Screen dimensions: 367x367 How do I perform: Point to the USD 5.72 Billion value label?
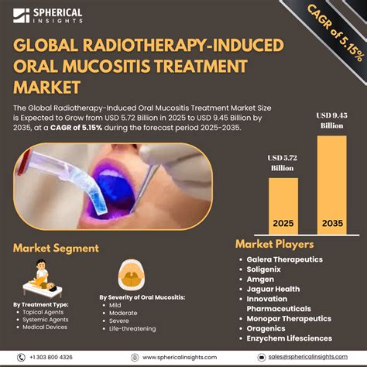(x=283, y=161)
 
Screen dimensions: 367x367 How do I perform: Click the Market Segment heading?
(x=55, y=248)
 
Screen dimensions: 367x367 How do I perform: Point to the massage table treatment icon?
(x=37, y=276)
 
